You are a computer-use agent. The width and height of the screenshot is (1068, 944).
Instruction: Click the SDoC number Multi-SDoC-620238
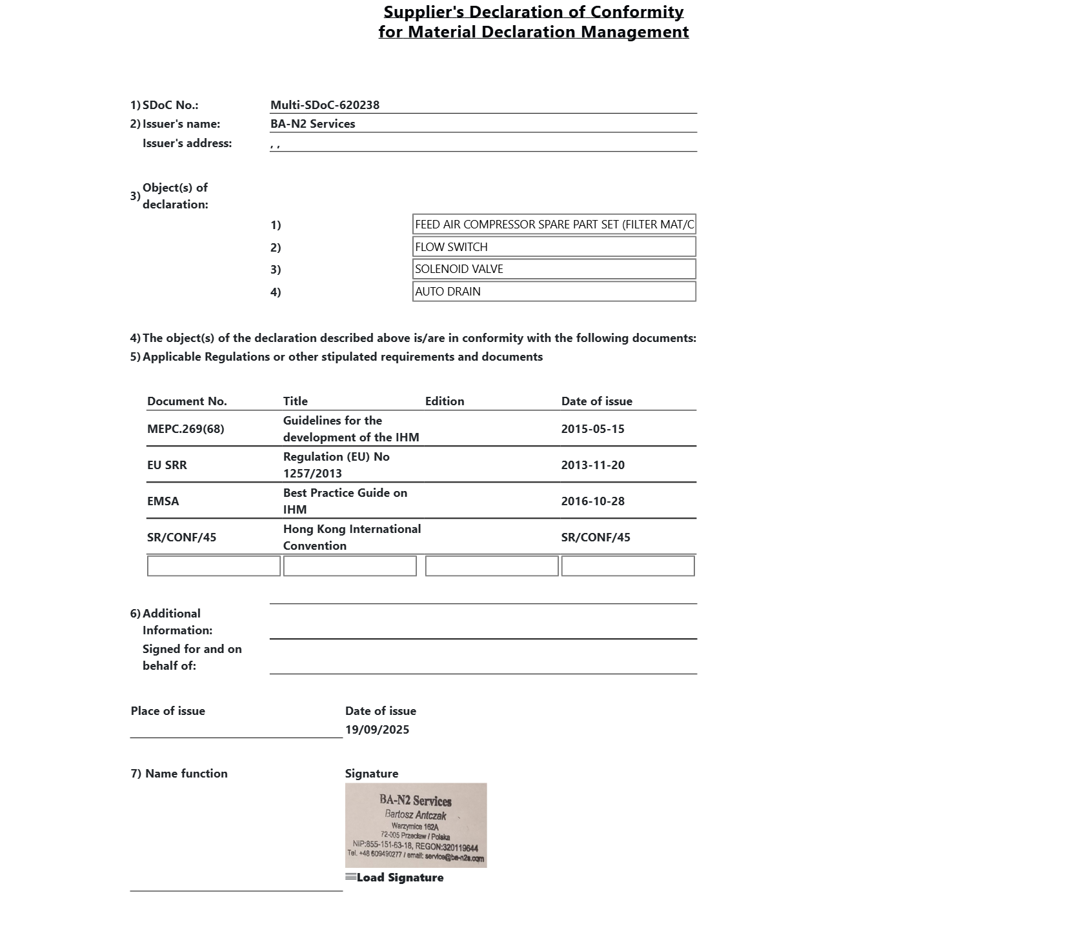tap(325, 105)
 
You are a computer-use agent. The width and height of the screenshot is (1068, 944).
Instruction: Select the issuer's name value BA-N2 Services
tap(312, 124)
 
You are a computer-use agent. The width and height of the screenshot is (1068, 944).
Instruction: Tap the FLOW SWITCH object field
tap(554, 247)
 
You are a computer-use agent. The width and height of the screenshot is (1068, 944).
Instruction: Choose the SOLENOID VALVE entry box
tap(554, 269)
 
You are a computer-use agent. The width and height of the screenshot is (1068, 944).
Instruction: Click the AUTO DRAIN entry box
tap(554, 292)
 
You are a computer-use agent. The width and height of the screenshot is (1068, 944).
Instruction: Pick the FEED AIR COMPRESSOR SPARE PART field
tap(554, 225)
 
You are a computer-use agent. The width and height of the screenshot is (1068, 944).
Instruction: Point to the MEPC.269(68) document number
tap(185, 429)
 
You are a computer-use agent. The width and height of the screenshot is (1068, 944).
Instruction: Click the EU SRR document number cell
tap(166, 465)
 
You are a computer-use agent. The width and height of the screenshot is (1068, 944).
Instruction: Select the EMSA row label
tap(163, 501)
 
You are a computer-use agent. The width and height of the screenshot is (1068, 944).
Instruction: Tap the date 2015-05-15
tap(592, 429)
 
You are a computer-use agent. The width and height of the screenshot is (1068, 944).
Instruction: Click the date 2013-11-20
tap(592, 465)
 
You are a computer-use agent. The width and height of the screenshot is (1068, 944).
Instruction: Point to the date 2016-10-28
tap(592, 501)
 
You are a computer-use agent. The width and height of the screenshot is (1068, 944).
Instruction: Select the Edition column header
tap(444, 401)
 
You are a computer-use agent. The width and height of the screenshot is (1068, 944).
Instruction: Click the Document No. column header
tap(186, 401)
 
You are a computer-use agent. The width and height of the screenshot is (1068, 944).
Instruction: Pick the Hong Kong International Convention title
tap(352, 537)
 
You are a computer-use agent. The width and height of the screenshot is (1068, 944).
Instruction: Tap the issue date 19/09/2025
tap(377, 730)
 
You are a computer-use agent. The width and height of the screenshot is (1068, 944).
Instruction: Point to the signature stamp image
tap(416, 825)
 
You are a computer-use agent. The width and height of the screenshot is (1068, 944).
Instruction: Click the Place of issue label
tap(168, 711)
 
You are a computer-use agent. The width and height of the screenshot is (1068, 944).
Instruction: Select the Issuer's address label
tap(186, 143)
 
